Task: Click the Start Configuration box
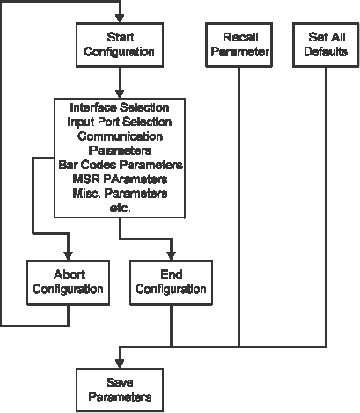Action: pyautogui.click(x=120, y=45)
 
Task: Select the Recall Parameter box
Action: pyautogui.click(x=239, y=45)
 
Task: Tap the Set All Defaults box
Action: pyautogui.click(x=326, y=45)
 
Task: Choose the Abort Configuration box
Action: pyautogui.click(x=69, y=283)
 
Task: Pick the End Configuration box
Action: pyautogui.click(x=172, y=283)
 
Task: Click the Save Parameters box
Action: pyautogui.click(x=120, y=390)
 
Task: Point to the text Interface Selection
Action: pyautogui.click(x=120, y=107)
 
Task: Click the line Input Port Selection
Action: pyautogui.click(x=120, y=122)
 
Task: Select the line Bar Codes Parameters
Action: pyautogui.click(x=121, y=165)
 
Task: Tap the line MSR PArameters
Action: pyautogui.click(x=120, y=179)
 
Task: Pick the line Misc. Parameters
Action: pyautogui.click(x=120, y=194)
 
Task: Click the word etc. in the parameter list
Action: pyautogui.click(x=120, y=208)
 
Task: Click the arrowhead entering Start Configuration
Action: pyautogui.click(x=120, y=18)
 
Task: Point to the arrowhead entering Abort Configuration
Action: pyautogui.click(x=69, y=255)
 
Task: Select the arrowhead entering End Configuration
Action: pyautogui.click(x=172, y=255)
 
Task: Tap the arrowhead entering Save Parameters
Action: pyautogui.click(x=120, y=364)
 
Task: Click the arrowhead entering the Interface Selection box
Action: pyautogui.click(x=120, y=94)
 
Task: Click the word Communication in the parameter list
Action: pyautogui.click(x=120, y=136)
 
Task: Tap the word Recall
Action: pyautogui.click(x=240, y=37)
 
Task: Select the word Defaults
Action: pyautogui.click(x=326, y=52)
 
